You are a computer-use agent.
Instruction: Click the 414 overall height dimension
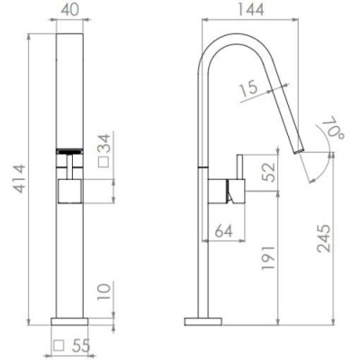pos(20,179)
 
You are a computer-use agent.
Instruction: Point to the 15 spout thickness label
pos(248,88)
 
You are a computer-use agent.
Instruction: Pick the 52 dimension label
pos(269,172)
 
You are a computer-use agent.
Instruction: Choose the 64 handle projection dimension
pos(224,230)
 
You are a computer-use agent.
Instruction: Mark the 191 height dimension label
pos(268,257)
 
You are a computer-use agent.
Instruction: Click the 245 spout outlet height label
pos(324,238)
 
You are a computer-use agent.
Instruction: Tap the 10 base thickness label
pos(104,292)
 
